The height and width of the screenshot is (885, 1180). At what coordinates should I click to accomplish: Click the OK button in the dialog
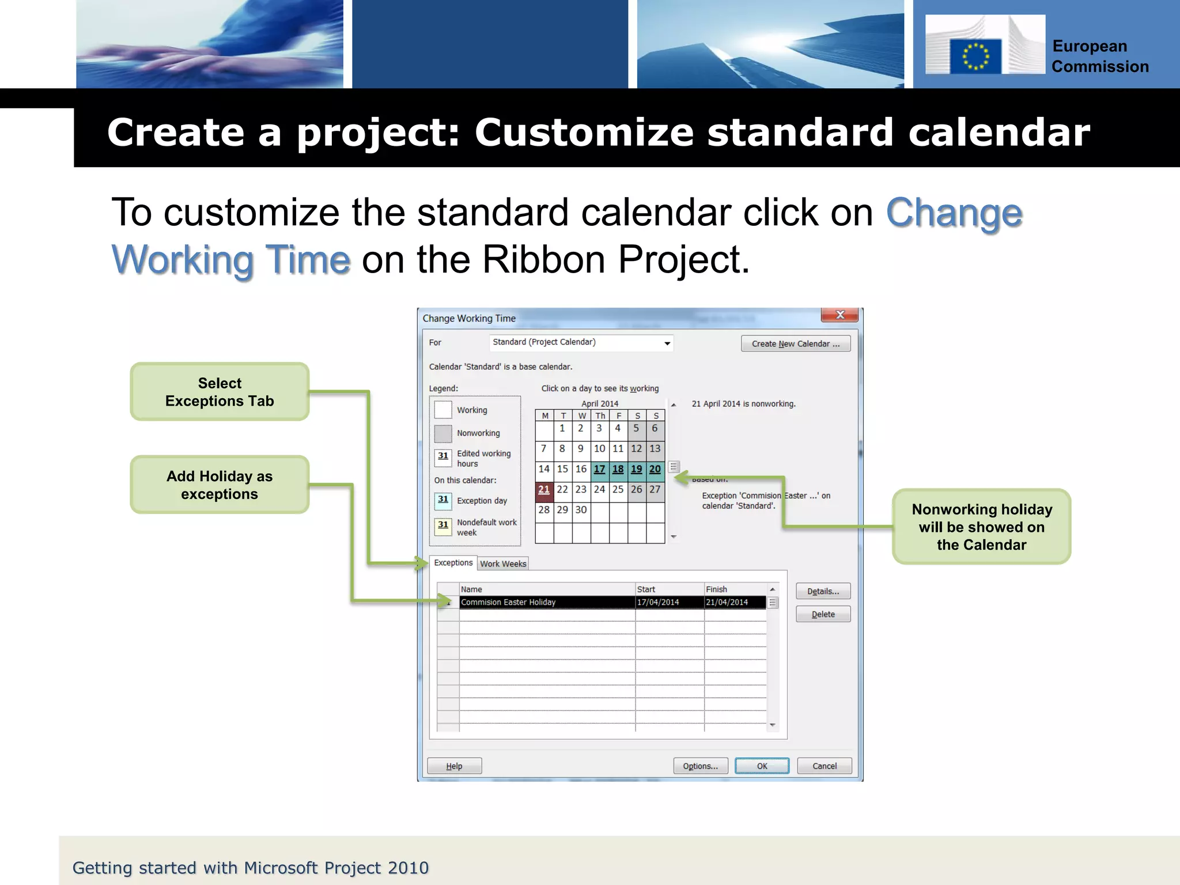(x=762, y=766)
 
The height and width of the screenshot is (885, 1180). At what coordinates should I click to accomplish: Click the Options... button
(x=700, y=766)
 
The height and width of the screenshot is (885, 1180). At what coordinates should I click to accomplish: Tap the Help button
(x=454, y=766)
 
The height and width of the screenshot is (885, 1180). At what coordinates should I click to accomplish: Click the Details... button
(x=823, y=591)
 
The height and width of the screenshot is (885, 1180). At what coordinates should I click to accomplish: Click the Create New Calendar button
(x=795, y=343)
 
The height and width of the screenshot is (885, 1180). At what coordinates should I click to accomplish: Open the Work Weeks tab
(x=503, y=563)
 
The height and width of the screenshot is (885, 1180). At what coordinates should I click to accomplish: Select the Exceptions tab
(x=453, y=562)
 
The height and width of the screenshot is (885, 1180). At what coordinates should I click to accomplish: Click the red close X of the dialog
(x=839, y=315)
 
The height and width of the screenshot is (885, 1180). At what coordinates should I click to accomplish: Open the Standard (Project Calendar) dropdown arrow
(x=667, y=343)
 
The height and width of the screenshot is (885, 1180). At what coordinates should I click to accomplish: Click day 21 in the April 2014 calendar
(x=544, y=490)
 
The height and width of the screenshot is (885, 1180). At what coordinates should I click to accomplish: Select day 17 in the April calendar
(x=599, y=469)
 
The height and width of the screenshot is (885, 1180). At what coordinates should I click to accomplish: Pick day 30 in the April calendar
(x=581, y=510)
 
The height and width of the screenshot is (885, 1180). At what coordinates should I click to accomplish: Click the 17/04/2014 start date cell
(x=668, y=602)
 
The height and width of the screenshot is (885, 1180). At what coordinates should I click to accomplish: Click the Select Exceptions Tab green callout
(x=220, y=392)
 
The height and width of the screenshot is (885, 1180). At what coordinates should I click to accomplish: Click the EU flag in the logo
(x=975, y=56)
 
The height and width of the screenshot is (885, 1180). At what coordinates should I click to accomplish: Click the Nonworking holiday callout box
(x=981, y=527)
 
